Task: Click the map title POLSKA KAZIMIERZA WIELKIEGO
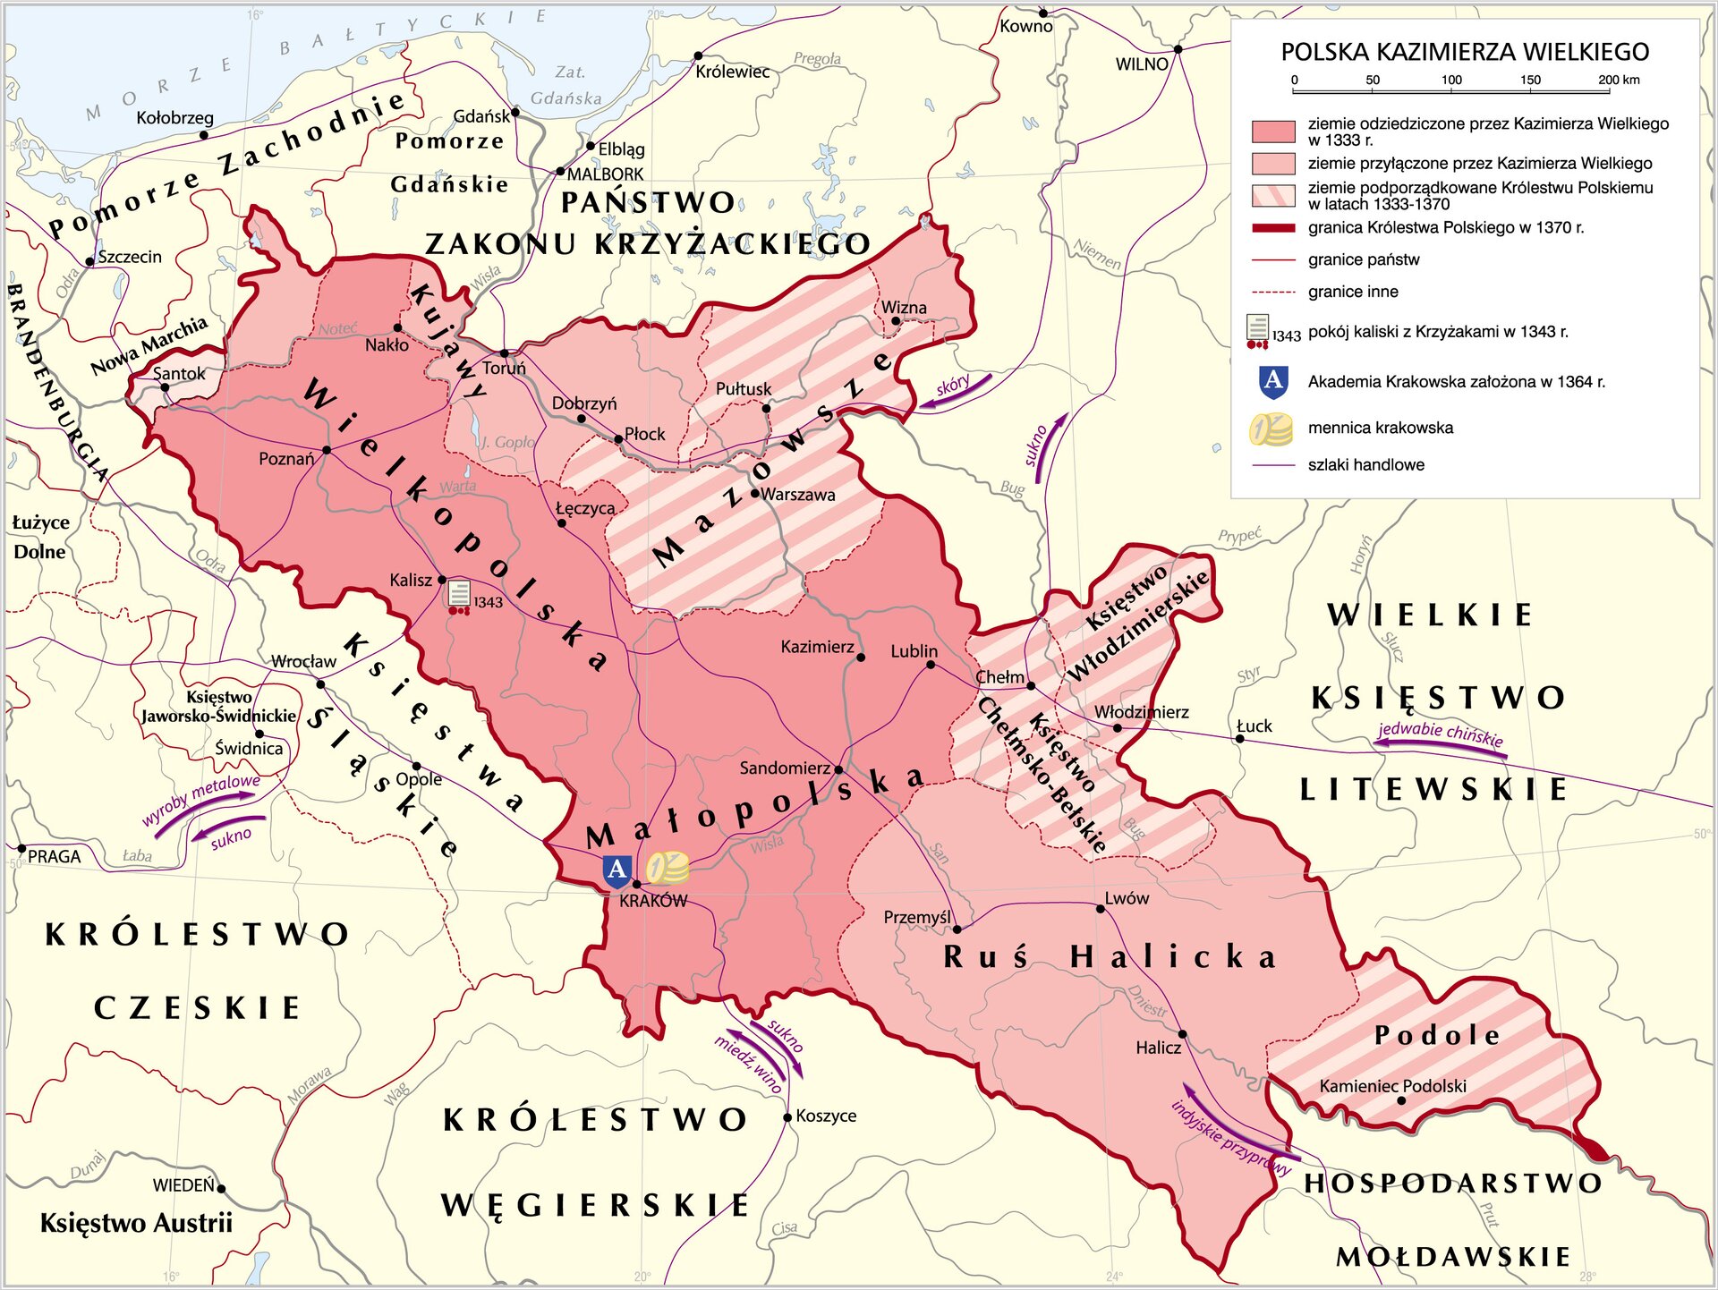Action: pyautogui.click(x=1465, y=52)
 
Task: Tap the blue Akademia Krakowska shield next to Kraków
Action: pyautogui.click(x=617, y=870)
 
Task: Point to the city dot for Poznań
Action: pyautogui.click(x=327, y=450)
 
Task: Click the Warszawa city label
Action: pyautogui.click(x=798, y=495)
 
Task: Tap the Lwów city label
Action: pyautogui.click(x=1127, y=898)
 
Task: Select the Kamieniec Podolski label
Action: pyautogui.click(x=1392, y=1086)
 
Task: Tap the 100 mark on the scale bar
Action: pyautogui.click(x=1451, y=81)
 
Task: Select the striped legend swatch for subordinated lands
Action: pyautogui.click(x=1273, y=196)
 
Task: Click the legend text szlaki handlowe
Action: pyautogui.click(x=1365, y=465)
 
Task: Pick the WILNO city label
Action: pyautogui.click(x=1142, y=64)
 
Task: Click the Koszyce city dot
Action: pyautogui.click(x=787, y=1116)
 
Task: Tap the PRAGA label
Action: pyautogui.click(x=54, y=857)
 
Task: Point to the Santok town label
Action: pyautogui.click(x=179, y=374)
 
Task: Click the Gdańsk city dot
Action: pyautogui.click(x=515, y=113)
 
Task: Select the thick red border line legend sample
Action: pyautogui.click(x=1273, y=228)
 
